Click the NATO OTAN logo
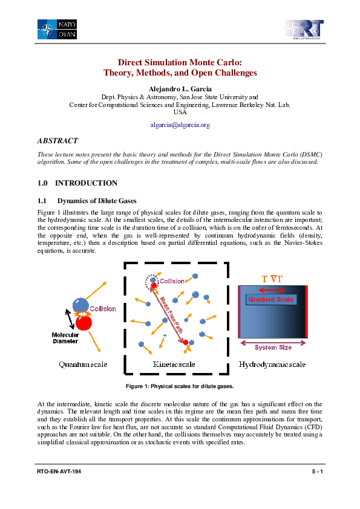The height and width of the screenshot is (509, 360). click(x=57, y=29)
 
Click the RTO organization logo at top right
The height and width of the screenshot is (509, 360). click(x=304, y=29)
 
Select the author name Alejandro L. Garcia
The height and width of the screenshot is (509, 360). click(x=180, y=88)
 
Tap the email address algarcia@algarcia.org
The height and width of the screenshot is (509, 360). click(x=180, y=125)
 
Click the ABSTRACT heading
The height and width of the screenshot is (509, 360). click(x=57, y=141)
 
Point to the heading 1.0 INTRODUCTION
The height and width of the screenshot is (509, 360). click(x=77, y=183)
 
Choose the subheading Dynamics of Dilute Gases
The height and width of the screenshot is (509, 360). click(x=97, y=201)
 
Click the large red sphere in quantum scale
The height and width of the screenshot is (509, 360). click(x=84, y=322)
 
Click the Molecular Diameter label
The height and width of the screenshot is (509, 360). click(x=65, y=338)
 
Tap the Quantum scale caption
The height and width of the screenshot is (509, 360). click(x=83, y=365)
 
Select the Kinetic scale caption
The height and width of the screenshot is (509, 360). click(x=173, y=365)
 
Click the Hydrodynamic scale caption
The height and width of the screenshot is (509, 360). click(x=272, y=365)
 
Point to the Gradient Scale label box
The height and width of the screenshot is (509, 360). click(x=270, y=299)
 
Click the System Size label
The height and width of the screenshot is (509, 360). click(x=273, y=347)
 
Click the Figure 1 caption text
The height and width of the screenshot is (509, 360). click(x=180, y=386)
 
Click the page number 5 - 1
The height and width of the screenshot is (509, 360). click(x=316, y=471)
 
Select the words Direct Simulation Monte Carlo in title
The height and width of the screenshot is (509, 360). click(x=180, y=62)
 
